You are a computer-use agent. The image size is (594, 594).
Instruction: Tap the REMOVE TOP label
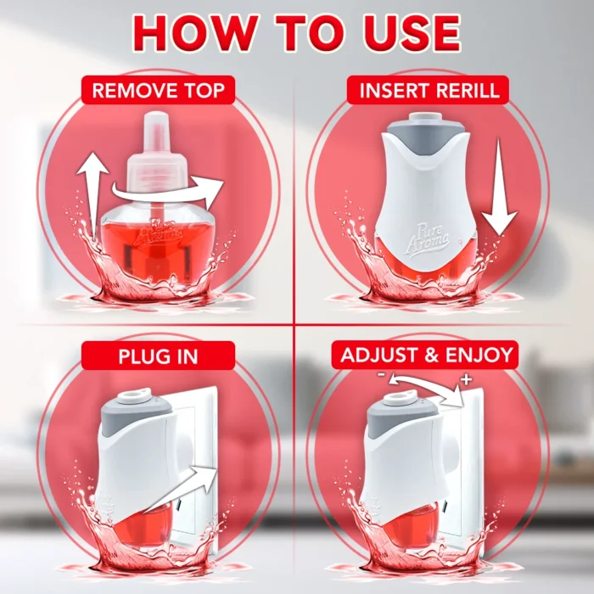pos(159,91)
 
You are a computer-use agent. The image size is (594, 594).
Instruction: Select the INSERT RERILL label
pos(429,90)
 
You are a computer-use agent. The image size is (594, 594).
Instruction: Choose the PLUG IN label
pos(158,356)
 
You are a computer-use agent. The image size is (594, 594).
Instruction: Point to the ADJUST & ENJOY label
pos(427,355)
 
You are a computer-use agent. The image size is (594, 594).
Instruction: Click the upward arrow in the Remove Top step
pos(92,197)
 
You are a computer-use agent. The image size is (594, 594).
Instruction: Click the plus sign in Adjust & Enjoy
pos(467,378)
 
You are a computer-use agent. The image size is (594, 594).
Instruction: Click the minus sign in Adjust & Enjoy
pos(381,375)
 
